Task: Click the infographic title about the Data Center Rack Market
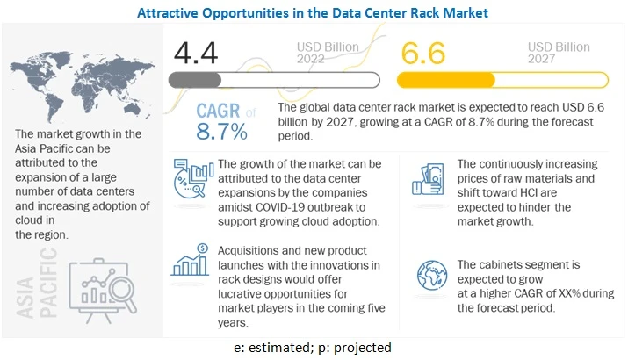coord(314,12)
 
